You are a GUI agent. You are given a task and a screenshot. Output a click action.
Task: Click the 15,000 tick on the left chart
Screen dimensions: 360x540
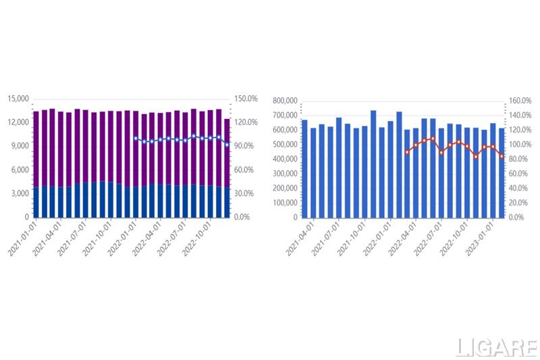click(x=18, y=99)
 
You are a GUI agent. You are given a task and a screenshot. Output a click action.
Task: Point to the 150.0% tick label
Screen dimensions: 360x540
click(x=246, y=99)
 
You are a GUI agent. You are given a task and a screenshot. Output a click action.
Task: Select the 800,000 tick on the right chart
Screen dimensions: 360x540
click(x=284, y=101)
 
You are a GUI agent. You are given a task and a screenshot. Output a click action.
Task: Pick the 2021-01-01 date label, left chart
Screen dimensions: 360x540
click(x=23, y=238)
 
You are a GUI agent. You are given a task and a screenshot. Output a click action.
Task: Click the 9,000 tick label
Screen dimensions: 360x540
click(x=20, y=146)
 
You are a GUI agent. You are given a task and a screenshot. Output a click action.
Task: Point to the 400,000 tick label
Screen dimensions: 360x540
click(x=284, y=159)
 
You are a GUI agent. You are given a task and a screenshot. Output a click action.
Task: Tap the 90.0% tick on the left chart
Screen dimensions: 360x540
click(x=245, y=146)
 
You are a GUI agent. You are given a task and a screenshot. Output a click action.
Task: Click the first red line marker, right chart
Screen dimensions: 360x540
click(x=407, y=152)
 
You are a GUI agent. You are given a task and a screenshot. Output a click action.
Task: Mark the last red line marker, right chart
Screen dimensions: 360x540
click(x=502, y=156)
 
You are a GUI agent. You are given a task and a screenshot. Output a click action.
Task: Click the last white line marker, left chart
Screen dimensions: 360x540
click(x=227, y=144)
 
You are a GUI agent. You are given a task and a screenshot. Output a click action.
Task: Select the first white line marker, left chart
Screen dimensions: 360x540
click(x=136, y=138)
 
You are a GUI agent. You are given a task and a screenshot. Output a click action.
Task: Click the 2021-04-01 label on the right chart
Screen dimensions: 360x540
click(x=301, y=238)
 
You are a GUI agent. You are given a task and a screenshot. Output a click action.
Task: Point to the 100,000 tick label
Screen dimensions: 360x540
click(x=284, y=203)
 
